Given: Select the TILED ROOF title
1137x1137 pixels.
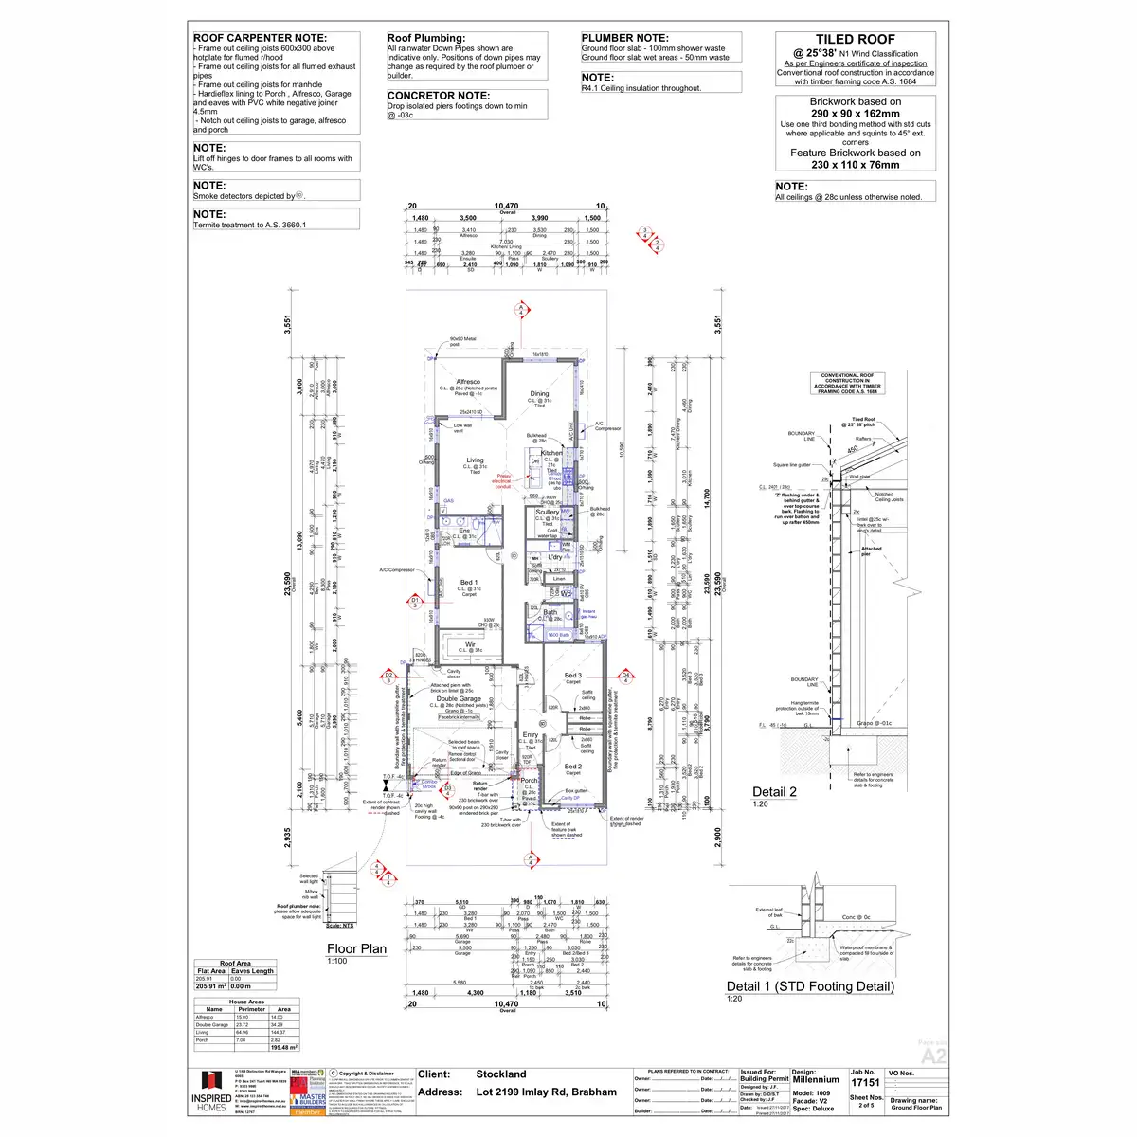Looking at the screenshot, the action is (855, 40).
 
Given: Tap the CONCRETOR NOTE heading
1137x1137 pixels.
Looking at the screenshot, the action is (439, 96).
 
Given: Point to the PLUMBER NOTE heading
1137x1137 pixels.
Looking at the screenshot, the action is (624, 38).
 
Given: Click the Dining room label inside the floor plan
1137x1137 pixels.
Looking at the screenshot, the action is (539, 393).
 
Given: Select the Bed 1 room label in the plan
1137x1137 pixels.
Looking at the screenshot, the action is (468, 583).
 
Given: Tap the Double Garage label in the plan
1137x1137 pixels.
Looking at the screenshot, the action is (459, 699).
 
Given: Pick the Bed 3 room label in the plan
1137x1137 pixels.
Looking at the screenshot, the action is (572, 676).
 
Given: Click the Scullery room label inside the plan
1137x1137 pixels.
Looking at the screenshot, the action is (548, 512).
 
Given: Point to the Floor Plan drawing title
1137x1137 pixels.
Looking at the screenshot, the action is (356, 948).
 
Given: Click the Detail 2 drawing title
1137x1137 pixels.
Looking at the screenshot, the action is (774, 792).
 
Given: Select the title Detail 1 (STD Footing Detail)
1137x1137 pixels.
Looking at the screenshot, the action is (810, 986).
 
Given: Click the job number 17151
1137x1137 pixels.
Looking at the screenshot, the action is (865, 1082).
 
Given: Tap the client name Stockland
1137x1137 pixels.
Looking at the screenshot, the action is (501, 1074).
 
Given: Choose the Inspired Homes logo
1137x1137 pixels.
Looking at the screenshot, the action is (210, 1092).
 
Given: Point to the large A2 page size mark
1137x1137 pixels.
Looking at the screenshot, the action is (933, 1056).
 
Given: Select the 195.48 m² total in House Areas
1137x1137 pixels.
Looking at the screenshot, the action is (284, 1047).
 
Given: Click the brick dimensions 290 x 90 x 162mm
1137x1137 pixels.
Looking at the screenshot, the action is (855, 113).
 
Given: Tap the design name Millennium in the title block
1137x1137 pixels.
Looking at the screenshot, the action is (815, 1079).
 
